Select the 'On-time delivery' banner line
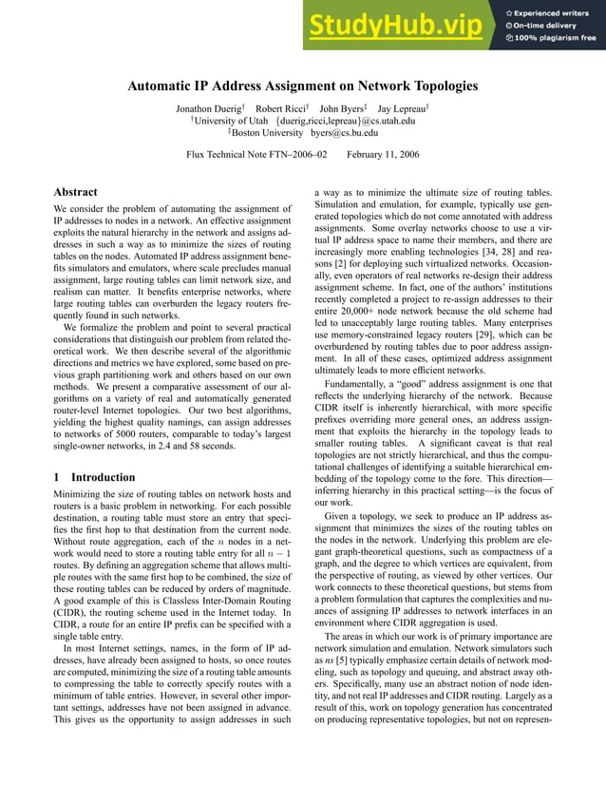click(550, 26)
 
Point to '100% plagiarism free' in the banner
click(555, 38)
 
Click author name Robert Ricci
click(281, 107)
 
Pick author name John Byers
click(344, 107)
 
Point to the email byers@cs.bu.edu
click(342, 133)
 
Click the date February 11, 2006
click(384, 154)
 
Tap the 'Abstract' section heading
click(76, 192)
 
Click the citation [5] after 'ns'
click(345, 658)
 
